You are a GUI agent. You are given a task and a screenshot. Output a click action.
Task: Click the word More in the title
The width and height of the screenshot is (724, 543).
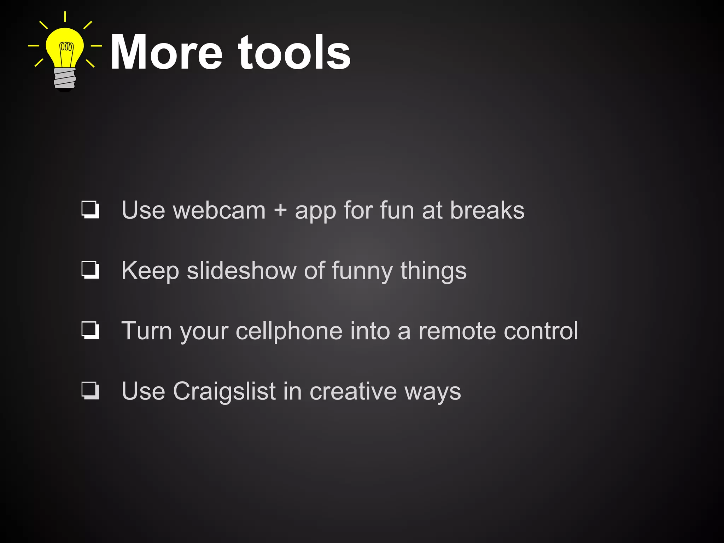166,53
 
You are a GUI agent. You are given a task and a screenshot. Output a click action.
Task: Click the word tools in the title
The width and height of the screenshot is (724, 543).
294,53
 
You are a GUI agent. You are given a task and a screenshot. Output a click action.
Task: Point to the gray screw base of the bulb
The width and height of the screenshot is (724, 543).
65,78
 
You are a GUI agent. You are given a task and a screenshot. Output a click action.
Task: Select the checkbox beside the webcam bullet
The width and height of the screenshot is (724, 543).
90,210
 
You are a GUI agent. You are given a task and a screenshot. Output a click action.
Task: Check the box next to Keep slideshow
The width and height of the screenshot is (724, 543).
90,270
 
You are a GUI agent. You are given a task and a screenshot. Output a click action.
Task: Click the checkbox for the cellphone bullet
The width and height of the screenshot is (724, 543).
90,330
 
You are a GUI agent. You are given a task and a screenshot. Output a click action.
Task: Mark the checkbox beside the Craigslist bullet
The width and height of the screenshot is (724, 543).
90,391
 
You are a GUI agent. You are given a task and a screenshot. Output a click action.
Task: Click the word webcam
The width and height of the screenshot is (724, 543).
219,210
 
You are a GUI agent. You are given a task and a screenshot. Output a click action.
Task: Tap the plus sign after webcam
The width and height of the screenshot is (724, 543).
280,210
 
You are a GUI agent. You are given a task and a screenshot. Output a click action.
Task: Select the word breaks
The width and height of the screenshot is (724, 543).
487,210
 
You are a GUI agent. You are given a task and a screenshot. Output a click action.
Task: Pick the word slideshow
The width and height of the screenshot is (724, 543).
241,271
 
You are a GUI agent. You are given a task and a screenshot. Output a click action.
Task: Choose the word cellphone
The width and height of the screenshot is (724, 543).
289,332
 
